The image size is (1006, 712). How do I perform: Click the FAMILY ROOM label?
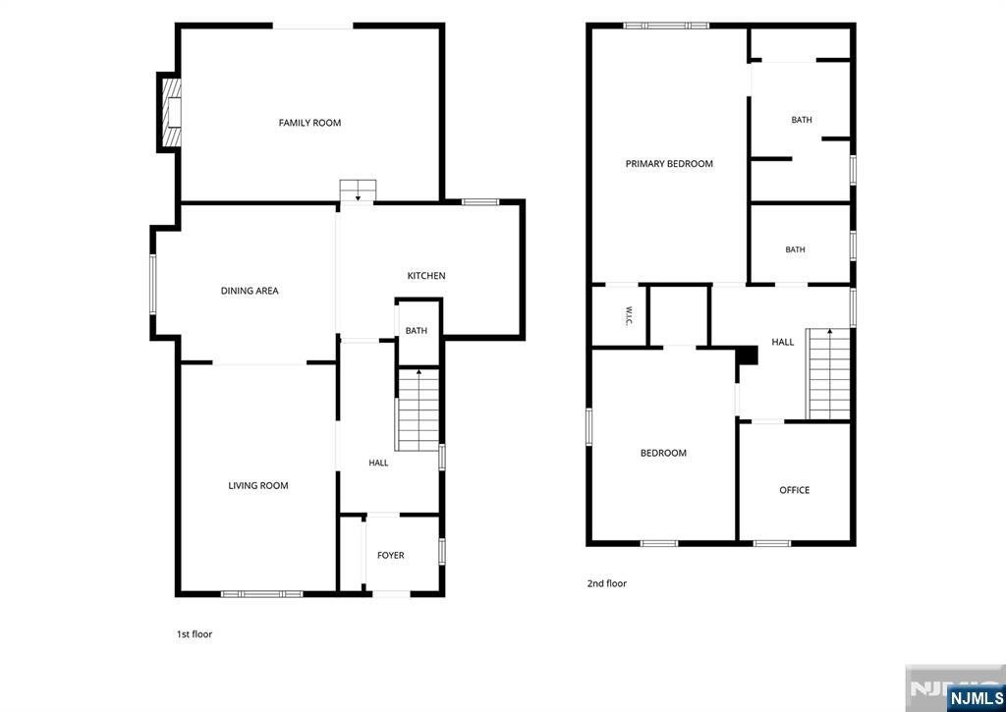pos(309,123)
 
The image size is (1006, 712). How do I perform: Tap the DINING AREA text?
pos(250,291)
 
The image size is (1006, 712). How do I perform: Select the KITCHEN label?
pos(426,276)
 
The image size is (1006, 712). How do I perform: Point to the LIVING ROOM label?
pos(258,485)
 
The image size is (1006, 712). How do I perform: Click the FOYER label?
pos(391,556)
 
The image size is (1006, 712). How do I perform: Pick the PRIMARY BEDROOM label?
pos(669,164)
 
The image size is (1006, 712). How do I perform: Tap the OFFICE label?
pos(794,490)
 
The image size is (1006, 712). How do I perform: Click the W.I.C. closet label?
pos(630,315)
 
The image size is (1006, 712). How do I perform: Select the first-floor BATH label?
pos(416,331)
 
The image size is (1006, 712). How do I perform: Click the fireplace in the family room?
pos(170,113)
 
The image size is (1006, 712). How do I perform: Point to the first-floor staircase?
pos(419,410)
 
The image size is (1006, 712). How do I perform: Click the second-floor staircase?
pos(829,373)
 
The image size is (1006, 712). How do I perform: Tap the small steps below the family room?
pos(358,191)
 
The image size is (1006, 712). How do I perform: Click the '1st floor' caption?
pos(195,634)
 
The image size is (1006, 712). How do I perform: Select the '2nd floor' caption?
pos(607,583)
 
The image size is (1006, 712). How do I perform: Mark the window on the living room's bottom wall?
pos(261,594)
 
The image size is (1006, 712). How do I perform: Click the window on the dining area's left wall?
pos(152,284)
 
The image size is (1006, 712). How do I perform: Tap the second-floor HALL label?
pos(783,342)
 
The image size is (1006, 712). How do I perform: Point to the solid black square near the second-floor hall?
pos(747,356)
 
